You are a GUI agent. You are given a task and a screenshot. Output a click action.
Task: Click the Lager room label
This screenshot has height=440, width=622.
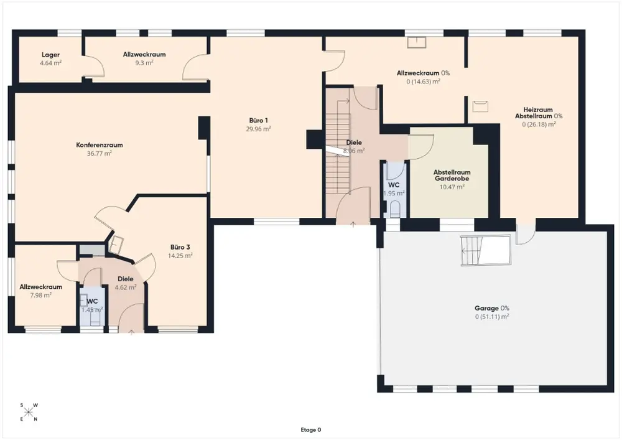point(51,55)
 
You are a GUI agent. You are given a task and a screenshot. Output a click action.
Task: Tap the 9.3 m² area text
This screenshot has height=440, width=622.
point(144,63)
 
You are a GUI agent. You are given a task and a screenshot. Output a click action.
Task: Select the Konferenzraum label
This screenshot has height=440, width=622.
point(100,145)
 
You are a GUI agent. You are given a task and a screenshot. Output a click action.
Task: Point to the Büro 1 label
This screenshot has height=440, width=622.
point(259,120)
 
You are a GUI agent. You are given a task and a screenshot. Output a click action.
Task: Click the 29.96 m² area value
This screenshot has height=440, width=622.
point(259,129)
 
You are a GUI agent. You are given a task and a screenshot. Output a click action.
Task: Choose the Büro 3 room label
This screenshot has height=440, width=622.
point(180,247)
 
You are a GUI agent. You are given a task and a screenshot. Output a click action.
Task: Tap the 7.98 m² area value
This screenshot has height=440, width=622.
point(41,295)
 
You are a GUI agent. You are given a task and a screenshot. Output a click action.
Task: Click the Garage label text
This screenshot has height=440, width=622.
point(486,308)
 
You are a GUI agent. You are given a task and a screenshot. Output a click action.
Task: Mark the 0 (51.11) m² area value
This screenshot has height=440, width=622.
point(492,317)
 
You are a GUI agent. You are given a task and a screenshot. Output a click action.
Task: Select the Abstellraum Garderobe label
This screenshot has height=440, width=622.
point(452,176)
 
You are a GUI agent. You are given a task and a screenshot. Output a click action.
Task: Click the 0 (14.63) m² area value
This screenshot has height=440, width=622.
point(423,82)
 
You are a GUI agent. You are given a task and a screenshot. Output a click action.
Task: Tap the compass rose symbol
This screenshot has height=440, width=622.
point(29,412)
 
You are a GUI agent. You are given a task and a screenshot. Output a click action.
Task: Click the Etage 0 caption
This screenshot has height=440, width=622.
point(311,429)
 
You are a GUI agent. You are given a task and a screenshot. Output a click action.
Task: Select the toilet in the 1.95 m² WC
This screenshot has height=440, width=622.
point(395,209)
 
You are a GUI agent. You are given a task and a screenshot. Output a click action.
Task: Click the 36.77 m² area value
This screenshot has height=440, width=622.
point(100,153)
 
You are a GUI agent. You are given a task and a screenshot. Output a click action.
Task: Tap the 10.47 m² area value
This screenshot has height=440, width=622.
point(452,187)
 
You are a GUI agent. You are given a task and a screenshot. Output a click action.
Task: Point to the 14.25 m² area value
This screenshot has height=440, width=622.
point(180,256)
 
